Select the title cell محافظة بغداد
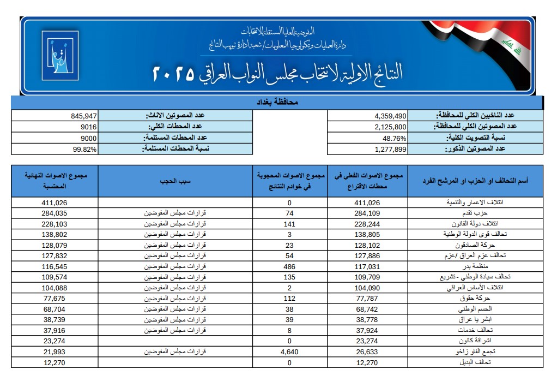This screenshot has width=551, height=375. pyautogui.click(x=277, y=103)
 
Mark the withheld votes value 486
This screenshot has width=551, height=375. pyautogui.click(x=289, y=267)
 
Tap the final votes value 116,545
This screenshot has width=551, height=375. pyautogui.click(x=54, y=267)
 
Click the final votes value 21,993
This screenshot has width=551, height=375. pyautogui.click(x=54, y=352)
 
